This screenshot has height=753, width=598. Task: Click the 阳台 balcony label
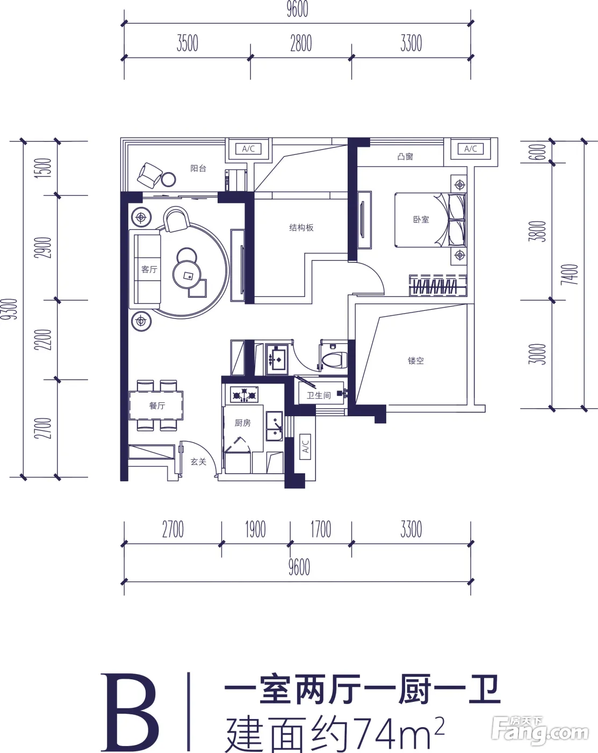pos(198,168)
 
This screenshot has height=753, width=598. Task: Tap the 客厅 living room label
pos(149,269)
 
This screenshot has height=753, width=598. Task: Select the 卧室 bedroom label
pos(421,219)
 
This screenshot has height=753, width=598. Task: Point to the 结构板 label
pos(301,228)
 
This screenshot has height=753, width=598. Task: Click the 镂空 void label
pos(415,360)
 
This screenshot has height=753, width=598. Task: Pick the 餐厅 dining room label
pos(157,405)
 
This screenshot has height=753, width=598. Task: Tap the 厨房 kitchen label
pos(242,423)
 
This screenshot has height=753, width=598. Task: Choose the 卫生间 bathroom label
pos(319,395)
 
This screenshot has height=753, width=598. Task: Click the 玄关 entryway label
pos(198,461)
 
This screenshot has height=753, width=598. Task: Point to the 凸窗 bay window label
pos(405,157)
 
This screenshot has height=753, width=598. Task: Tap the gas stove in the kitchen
pos(244,395)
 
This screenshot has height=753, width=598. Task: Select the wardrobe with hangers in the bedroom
pos(438,286)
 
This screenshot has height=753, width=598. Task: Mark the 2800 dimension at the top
pos(301,44)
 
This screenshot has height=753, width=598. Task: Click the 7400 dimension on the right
pos(570,274)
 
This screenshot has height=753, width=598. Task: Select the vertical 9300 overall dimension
pos(9,309)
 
